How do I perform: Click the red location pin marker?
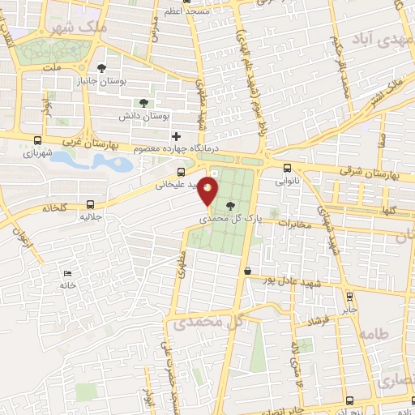click(209, 190)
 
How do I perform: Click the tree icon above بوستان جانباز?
click(101, 69)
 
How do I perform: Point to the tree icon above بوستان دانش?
click(143, 103)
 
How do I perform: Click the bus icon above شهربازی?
click(38, 139)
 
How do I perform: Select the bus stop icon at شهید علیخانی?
click(181, 171)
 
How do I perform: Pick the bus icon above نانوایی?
click(289, 169)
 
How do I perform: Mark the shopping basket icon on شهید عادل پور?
click(247, 272)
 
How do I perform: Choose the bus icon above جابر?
click(349, 297)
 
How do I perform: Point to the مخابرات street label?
click(295, 225)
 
